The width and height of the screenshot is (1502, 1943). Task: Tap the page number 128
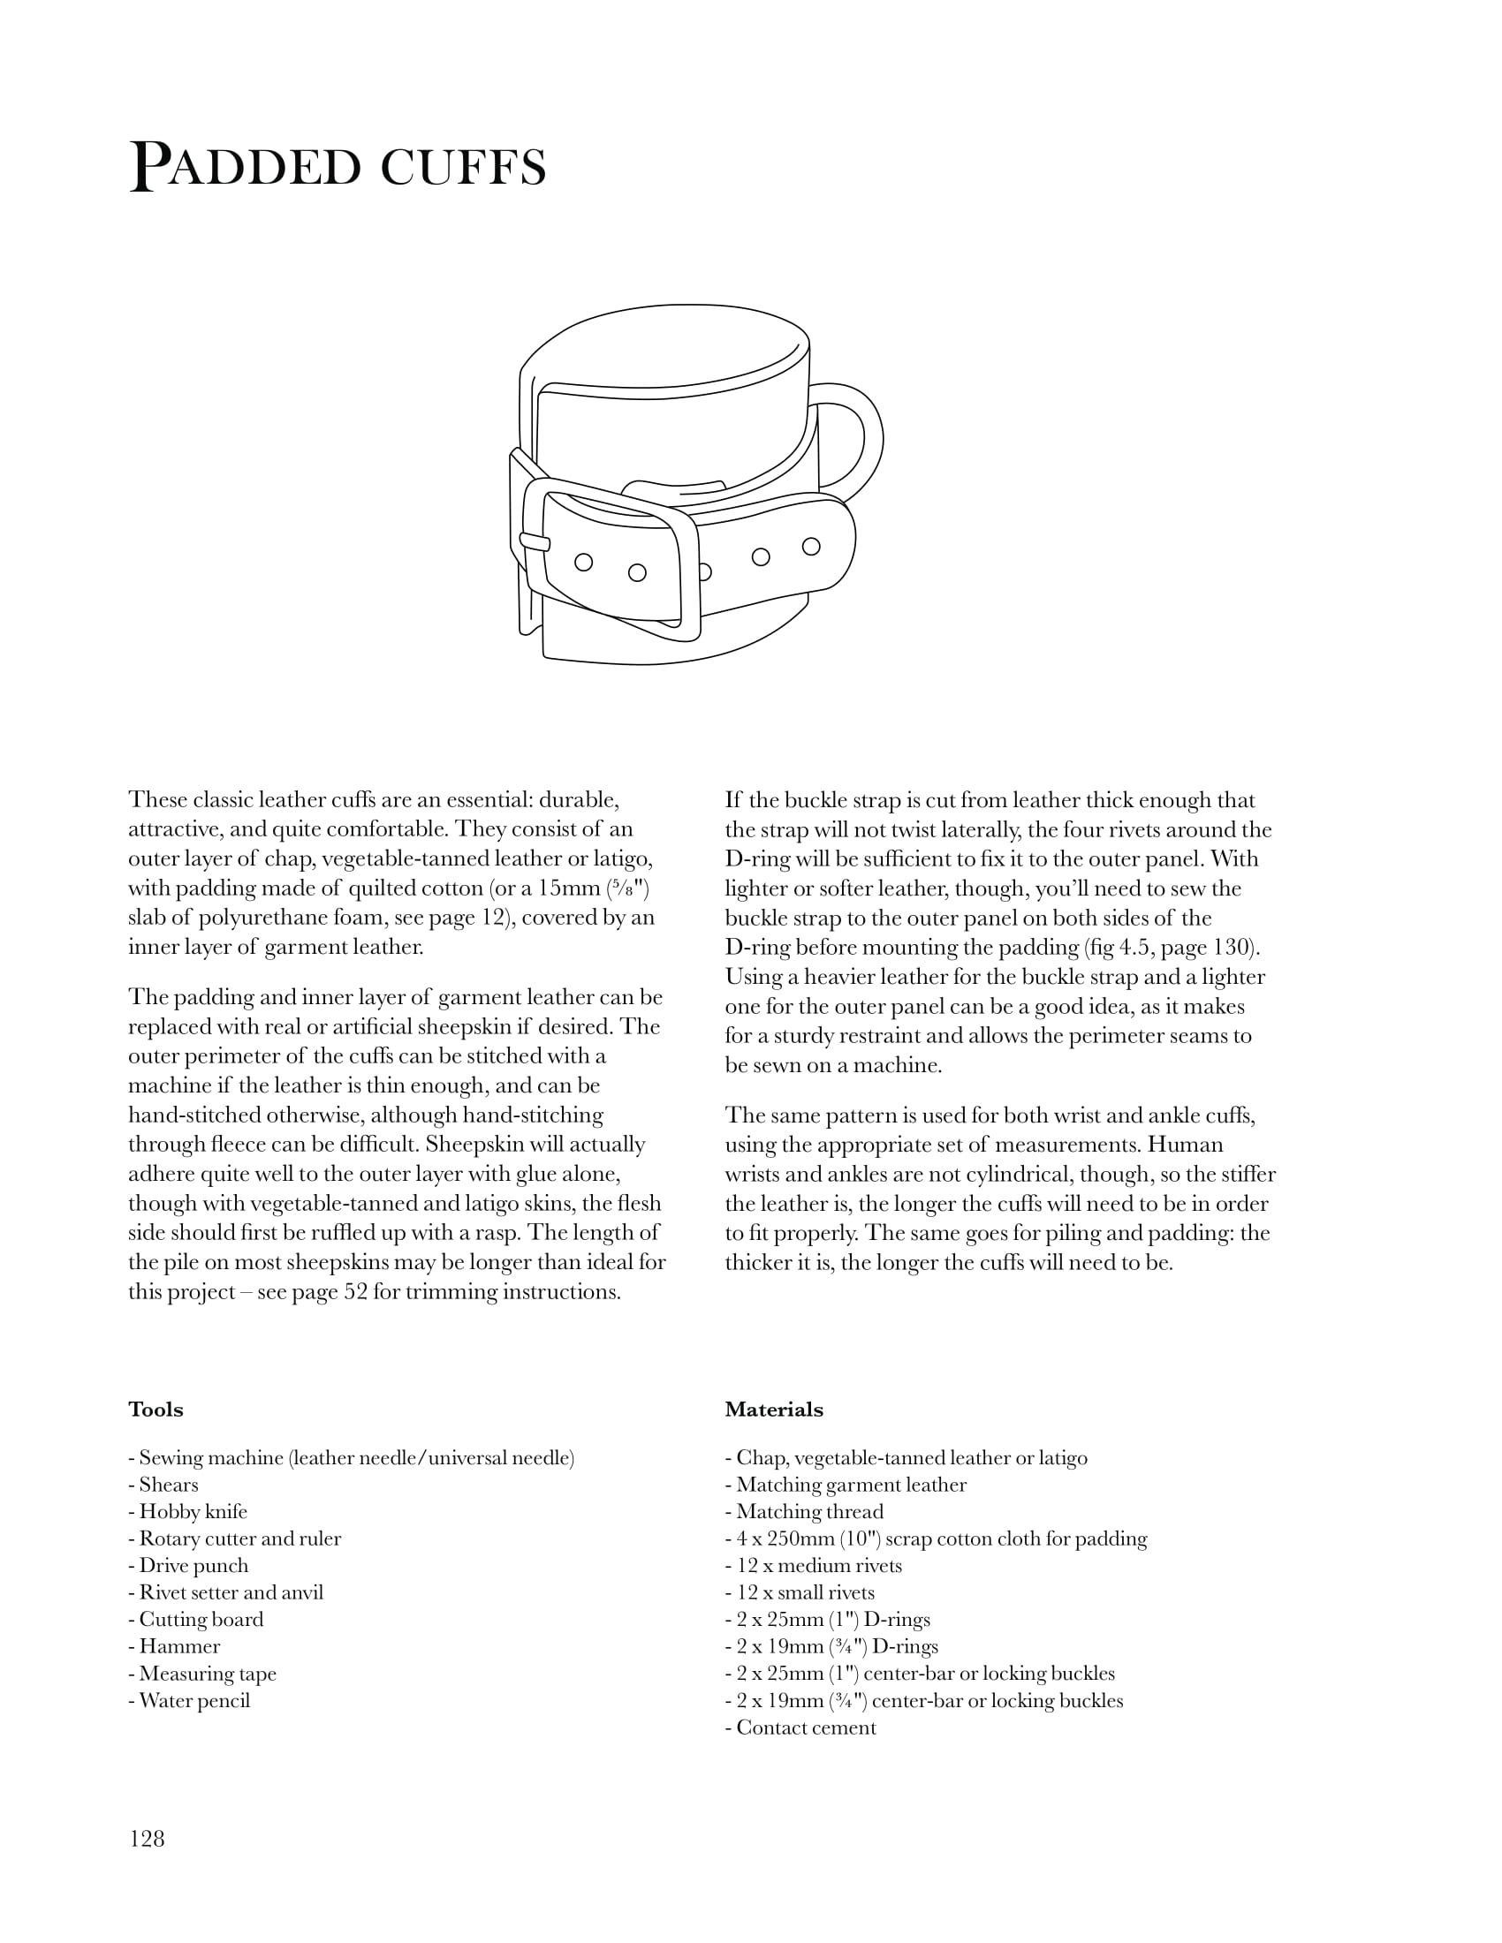click(147, 1839)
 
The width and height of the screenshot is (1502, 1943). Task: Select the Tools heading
click(156, 1410)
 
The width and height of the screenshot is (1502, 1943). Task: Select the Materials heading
click(773, 1410)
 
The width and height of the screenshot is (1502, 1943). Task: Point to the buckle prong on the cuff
click(534, 541)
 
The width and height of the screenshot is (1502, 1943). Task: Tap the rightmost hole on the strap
click(810, 545)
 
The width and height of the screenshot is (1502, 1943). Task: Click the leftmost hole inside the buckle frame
click(584, 562)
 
